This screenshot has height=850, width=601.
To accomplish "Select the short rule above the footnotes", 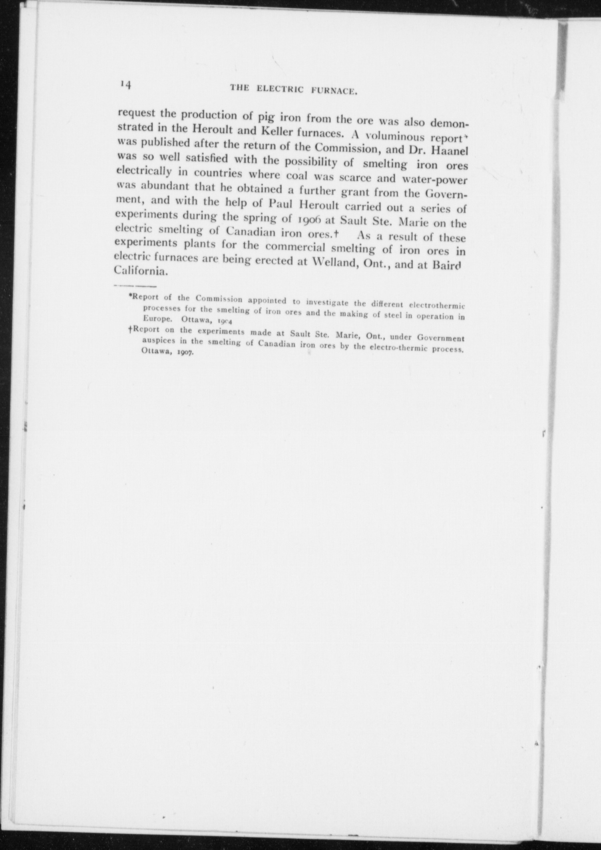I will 135,286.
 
